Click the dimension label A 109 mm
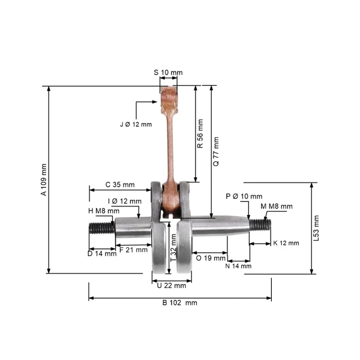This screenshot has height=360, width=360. click(44, 179)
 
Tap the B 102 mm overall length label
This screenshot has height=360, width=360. click(180, 302)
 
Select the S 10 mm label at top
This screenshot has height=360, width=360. click(168, 73)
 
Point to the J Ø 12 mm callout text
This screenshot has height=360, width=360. click(136, 124)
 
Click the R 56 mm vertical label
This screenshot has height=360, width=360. click(200, 133)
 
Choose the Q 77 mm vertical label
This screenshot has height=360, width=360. click(216, 152)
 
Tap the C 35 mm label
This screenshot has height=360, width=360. click(120, 185)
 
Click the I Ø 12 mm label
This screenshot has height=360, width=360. click(125, 201)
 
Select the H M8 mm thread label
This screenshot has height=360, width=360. click(104, 211)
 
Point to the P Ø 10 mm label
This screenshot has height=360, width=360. click(244, 196)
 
